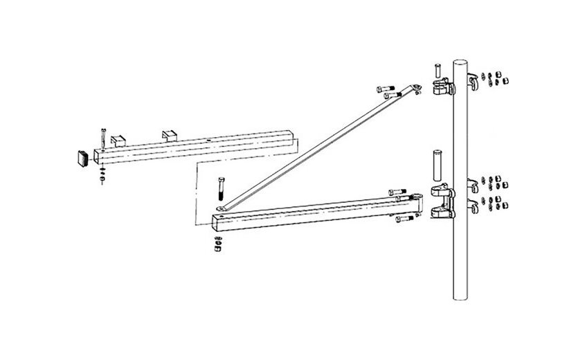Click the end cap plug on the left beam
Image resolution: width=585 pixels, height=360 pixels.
(x=82, y=157)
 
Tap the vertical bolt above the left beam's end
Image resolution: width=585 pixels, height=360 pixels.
(x=102, y=137)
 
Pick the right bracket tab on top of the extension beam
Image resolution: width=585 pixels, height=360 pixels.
(x=170, y=134)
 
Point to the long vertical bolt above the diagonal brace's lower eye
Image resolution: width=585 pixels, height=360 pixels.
(x=219, y=190)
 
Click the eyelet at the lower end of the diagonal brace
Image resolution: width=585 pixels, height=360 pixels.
(x=220, y=208)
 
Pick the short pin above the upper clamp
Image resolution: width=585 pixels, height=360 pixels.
(x=438, y=70)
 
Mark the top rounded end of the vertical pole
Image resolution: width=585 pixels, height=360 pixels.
(x=461, y=63)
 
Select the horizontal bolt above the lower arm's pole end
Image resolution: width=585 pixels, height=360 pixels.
(x=397, y=192)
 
